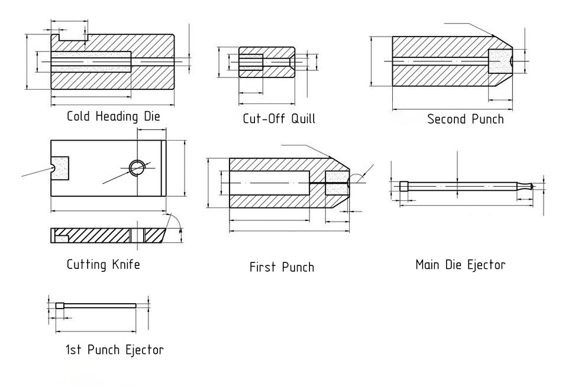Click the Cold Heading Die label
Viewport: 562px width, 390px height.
[113, 116]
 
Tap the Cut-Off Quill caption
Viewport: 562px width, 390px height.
[279, 118]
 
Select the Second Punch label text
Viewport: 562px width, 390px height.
[466, 119]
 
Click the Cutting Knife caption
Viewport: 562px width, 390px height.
[103, 264]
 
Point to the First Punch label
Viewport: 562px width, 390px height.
[282, 267]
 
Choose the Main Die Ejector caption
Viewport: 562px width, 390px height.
[460, 264]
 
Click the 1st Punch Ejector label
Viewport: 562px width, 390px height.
[114, 350]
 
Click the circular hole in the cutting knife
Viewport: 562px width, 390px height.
[137, 168]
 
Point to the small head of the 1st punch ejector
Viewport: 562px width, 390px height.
[60, 305]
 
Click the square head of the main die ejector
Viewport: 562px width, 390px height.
[403, 186]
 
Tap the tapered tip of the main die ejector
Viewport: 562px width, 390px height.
[531, 186]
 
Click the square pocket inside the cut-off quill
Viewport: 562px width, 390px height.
[251, 62]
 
